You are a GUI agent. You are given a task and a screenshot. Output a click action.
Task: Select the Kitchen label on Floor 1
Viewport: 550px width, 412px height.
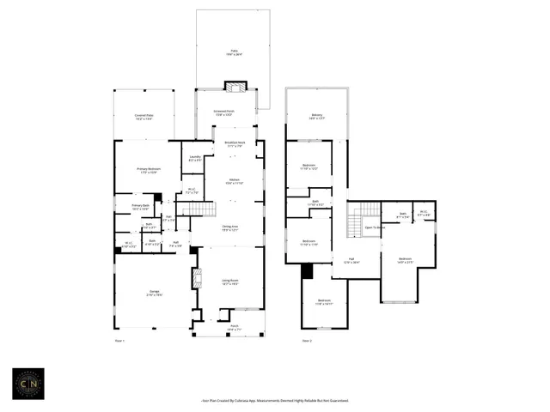point(234,181)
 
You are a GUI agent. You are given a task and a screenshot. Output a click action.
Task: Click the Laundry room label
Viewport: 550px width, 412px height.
point(195,159)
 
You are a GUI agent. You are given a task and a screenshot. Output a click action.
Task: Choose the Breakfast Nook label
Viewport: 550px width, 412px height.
point(235,143)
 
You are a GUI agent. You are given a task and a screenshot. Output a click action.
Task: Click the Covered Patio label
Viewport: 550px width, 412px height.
point(144,118)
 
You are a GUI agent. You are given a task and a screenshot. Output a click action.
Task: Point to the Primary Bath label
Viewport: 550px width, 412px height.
point(141,207)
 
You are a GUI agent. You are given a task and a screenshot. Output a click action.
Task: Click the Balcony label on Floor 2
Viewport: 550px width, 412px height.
point(316,118)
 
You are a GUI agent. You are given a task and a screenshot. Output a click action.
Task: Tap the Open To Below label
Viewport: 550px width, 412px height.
point(375,227)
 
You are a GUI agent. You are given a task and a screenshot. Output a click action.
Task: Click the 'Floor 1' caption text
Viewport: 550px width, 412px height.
point(119,342)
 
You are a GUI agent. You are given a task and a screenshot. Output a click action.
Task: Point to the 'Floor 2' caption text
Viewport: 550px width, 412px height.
point(307,342)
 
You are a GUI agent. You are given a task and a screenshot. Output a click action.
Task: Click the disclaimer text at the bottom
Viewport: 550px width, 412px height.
point(274,400)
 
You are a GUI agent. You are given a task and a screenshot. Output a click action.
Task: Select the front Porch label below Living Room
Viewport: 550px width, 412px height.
point(234,327)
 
